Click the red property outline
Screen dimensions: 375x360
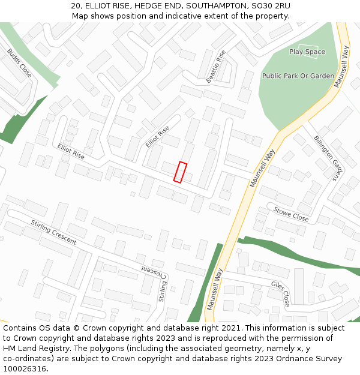[180, 172]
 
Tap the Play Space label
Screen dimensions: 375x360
[307, 52]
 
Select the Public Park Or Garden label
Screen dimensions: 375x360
[298, 76]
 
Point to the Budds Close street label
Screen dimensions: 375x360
[20, 63]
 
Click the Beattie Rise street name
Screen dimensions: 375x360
[216, 67]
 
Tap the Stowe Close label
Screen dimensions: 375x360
[291, 214]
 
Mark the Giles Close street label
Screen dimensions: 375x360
[280, 293]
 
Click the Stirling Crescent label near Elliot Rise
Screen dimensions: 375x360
[54, 232]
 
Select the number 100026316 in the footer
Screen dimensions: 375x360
[26, 369]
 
